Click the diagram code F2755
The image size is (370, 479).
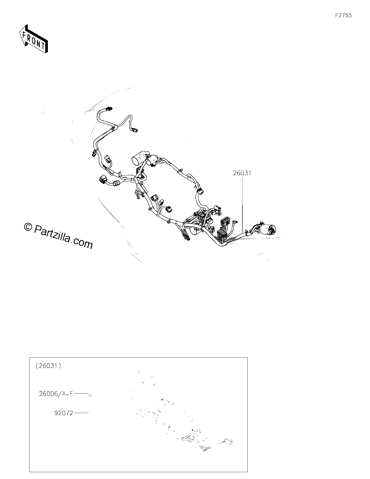point(343,15)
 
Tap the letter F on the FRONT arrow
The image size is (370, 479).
point(24,35)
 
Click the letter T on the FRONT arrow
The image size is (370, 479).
point(43,46)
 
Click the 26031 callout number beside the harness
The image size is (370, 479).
point(242,173)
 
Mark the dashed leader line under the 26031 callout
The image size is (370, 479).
point(242,204)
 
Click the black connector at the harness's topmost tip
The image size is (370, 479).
point(109,109)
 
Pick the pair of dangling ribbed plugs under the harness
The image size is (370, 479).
point(185,236)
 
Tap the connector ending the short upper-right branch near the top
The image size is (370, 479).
point(135,130)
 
